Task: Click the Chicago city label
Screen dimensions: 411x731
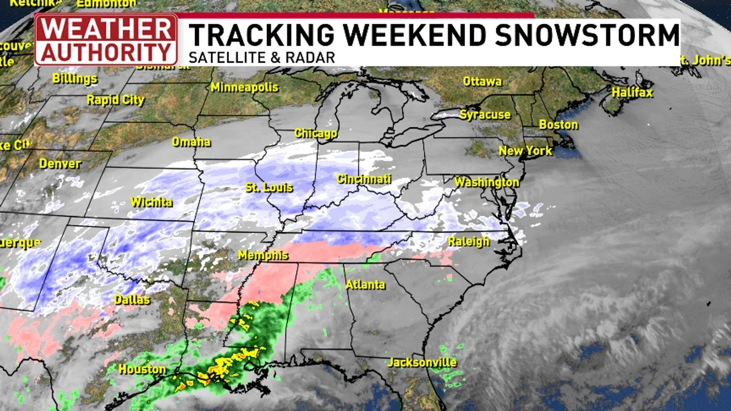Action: tap(316, 133)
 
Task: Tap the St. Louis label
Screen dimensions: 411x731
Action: tap(269, 188)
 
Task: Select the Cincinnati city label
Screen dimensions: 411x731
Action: tap(364, 179)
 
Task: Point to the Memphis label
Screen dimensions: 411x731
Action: tap(263, 255)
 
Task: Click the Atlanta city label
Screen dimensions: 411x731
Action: tap(365, 285)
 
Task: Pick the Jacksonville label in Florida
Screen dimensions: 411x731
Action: tap(422, 362)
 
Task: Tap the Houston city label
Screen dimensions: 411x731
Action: tap(142, 369)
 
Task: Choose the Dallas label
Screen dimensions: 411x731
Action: tap(132, 300)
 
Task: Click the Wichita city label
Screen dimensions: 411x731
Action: tap(151, 202)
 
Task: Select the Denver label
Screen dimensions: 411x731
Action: tap(60, 164)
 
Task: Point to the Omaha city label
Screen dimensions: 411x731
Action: tap(191, 142)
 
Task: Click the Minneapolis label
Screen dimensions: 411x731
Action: tap(244, 87)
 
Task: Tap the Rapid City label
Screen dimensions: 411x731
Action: tap(115, 100)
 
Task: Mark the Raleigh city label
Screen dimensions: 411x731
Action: tap(469, 241)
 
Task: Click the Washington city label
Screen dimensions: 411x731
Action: tap(487, 182)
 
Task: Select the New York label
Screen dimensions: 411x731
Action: tap(525, 150)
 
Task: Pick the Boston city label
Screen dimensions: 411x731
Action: tap(558, 124)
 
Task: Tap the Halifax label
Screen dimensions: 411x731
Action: tap(632, 92)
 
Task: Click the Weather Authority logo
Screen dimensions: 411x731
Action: tap(106, 40)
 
